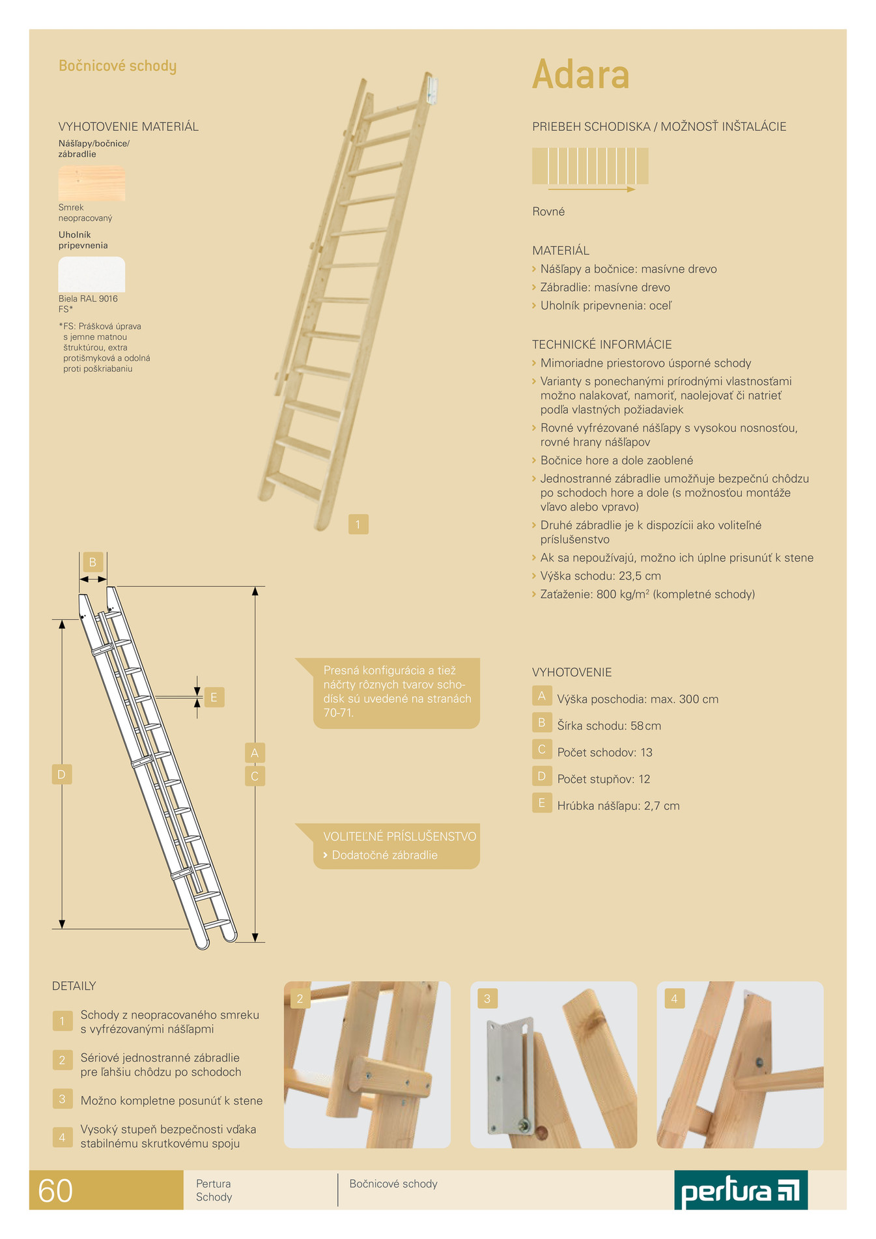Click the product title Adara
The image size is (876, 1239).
tap(581, 74)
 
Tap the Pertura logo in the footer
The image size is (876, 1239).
tap(741, 1190)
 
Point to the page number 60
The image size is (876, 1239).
tap(55, 1191)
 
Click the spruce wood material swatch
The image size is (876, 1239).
tap(92, 183)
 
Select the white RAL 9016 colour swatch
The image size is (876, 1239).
tap(92, 274)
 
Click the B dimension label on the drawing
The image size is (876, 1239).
tap(92, 562)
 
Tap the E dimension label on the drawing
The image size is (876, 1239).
tap(214, 697)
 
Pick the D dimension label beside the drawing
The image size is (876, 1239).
tap(62, 775)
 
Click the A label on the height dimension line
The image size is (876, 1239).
tap(255, 753)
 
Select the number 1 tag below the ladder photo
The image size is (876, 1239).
tap(358, 524)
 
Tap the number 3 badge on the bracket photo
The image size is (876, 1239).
tap(487, 999)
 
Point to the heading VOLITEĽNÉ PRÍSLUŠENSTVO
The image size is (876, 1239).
tap(400, 836)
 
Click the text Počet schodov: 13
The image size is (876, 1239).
tap(605, 752)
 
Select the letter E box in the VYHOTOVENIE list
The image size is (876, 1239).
tap(542, 803)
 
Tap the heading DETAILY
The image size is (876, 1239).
tap(74, 986)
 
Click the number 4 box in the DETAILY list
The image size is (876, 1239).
tap(63, 1137)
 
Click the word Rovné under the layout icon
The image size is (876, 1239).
tap(548, 212)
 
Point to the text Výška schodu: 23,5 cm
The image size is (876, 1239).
tap(600, 576)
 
